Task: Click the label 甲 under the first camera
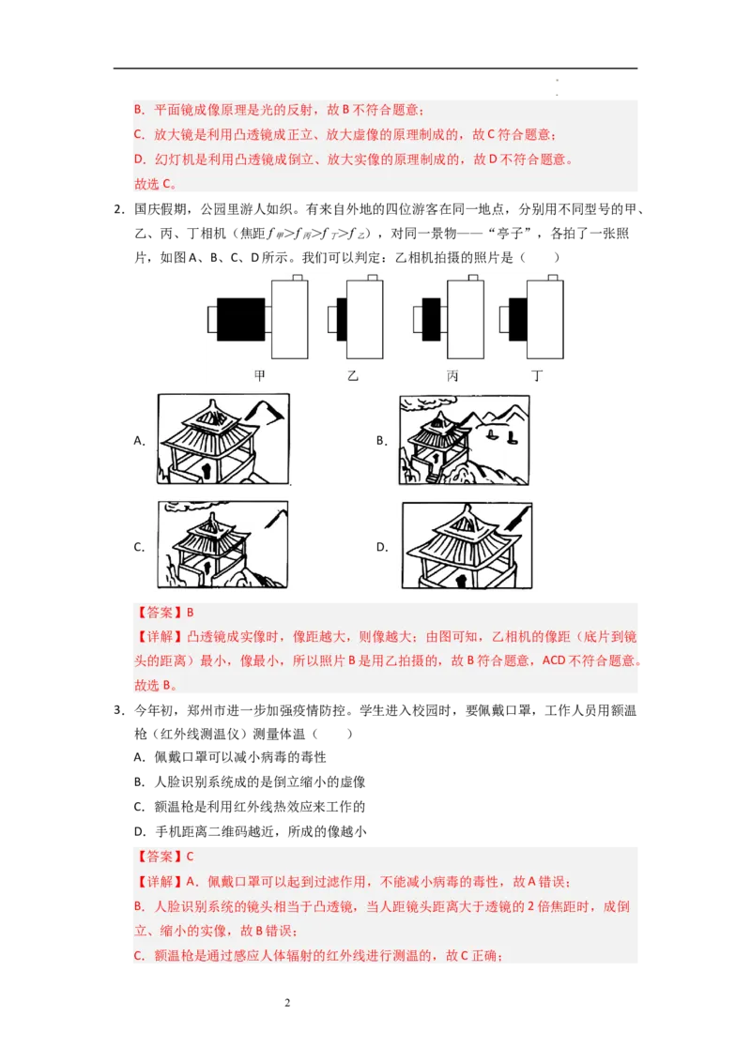259,376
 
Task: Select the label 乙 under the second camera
352,376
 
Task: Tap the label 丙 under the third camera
452,376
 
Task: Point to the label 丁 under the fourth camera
537,376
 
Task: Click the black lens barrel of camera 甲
240,319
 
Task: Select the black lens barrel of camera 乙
342,319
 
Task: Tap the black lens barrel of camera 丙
431,319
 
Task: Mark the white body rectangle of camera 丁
545,319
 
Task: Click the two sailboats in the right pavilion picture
502,435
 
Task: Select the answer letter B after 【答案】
191,613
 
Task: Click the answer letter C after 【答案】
191,857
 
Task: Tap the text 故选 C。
155,184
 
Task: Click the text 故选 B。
155,686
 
